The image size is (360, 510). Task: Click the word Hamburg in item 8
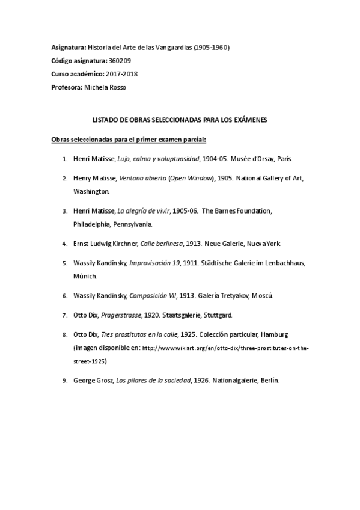point(276,334)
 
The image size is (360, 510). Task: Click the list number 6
point(64,296)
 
